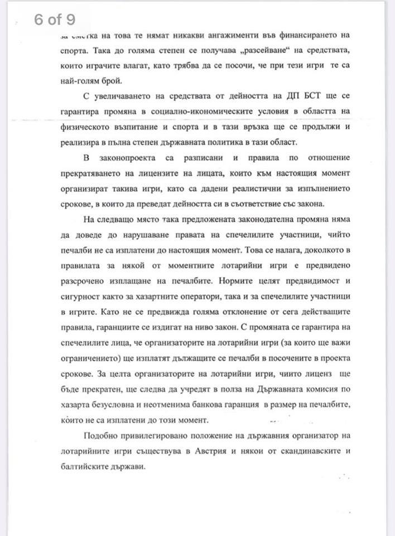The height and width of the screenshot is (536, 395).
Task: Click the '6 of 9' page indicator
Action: coord(54,20)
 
